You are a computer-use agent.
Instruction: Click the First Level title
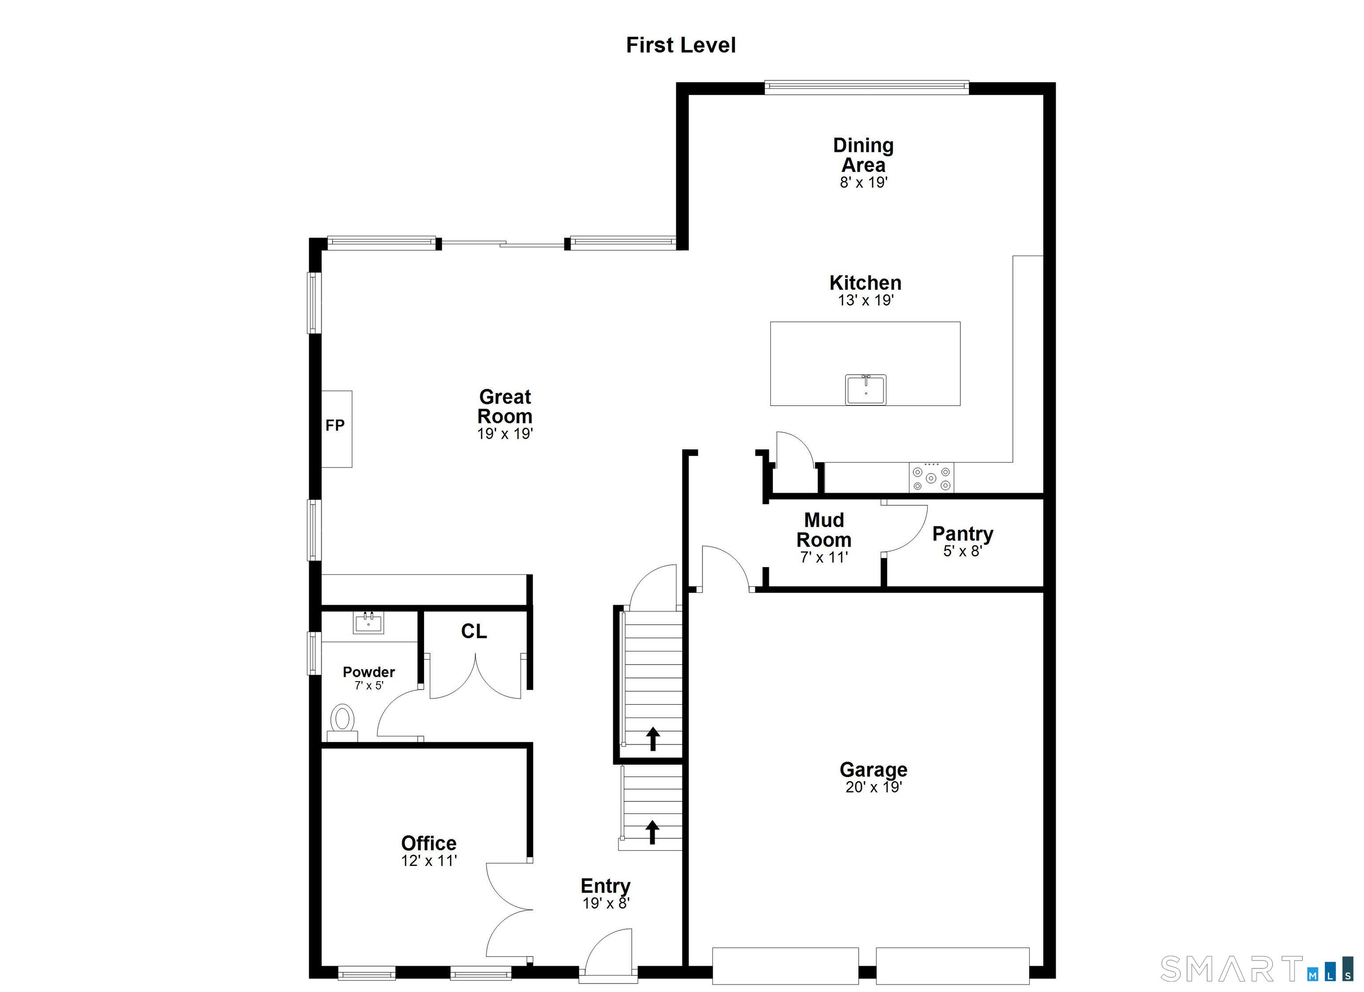coord(680,45)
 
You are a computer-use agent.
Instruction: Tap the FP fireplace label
coord(335,425)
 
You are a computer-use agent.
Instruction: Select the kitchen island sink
coord(865,389)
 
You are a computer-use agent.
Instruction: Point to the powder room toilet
coord(343,720)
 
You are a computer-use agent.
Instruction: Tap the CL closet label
coord(473,631)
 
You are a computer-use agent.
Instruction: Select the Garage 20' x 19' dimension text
coord(873,787)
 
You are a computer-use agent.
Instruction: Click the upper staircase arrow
coord(653,738)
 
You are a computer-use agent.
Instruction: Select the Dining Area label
coord(863,155)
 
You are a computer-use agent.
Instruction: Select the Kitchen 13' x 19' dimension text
coord(865,300)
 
